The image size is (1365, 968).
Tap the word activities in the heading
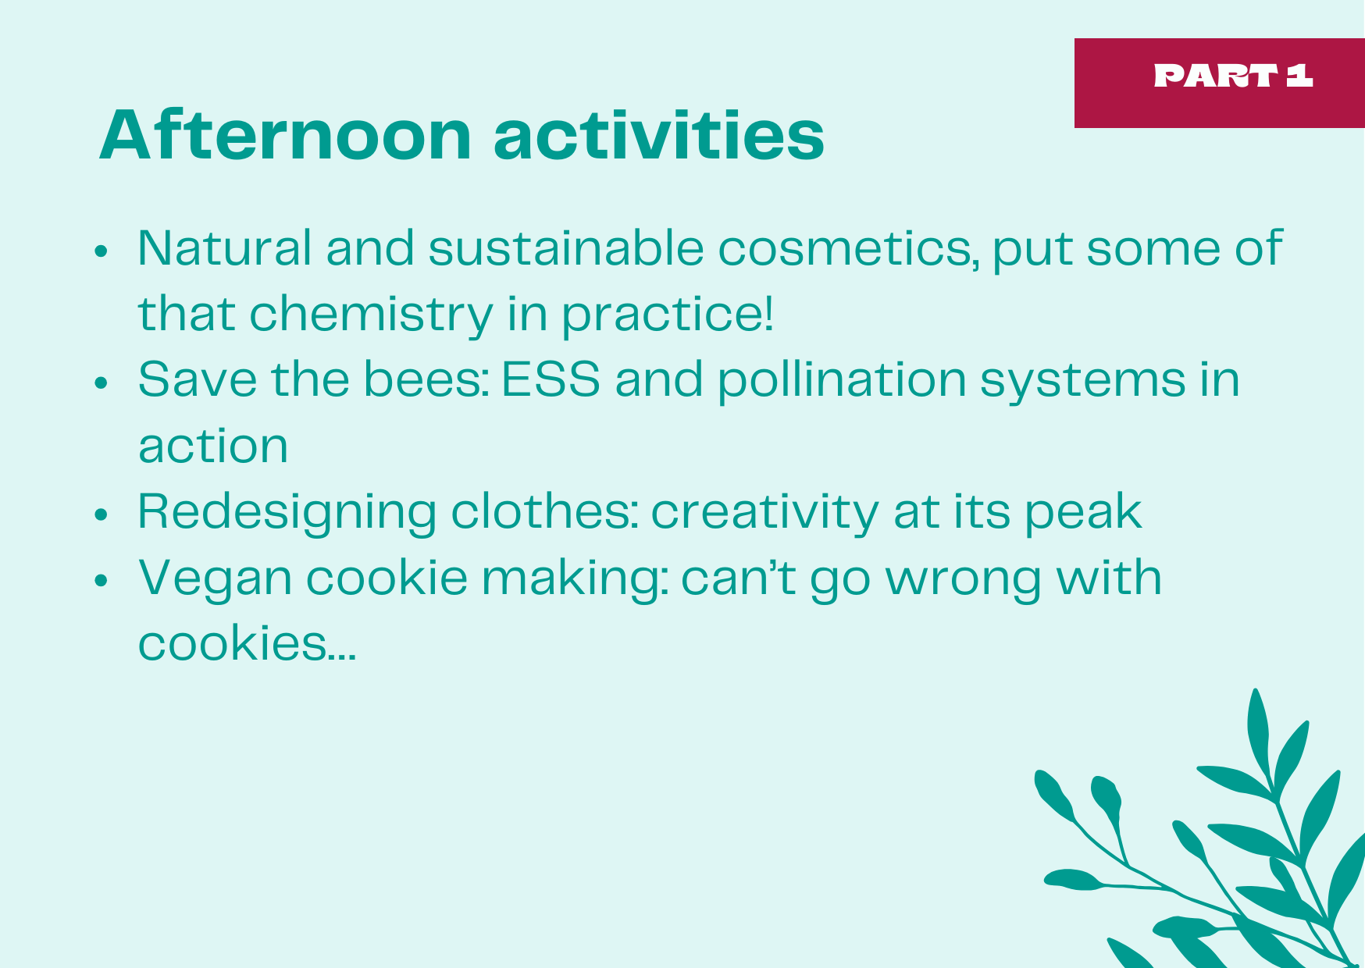coord(659,135)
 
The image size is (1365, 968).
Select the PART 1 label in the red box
coord(1233,76)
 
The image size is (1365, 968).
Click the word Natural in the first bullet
coord(224,248)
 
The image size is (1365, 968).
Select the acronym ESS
coord(551,380)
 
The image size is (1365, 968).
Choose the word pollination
coord(842,380)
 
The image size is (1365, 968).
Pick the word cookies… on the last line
coord(247,644)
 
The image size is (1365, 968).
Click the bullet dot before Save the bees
coord(101,383)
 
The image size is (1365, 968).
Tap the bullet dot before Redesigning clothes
coord(101,515)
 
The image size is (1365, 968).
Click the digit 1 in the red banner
coord(1299,76)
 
